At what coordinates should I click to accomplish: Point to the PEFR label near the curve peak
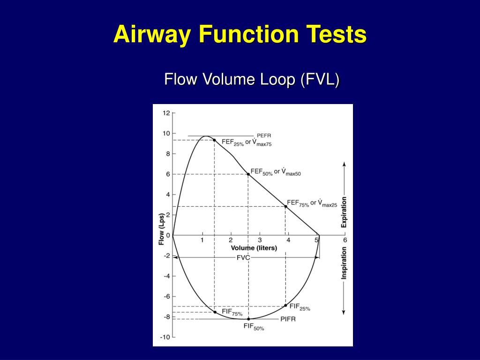pos(264,135)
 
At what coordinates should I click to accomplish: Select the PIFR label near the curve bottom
pos(288,319)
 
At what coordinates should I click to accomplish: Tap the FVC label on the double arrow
pos(243,257)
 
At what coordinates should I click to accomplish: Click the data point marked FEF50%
pos(248,174)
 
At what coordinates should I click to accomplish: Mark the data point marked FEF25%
pos(214,140)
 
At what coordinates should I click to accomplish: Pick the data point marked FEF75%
pos(285,206)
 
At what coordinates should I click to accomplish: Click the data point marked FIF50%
pos(248,319)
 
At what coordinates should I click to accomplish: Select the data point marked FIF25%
pos(285,306)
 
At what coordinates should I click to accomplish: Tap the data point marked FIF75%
pos(215,312)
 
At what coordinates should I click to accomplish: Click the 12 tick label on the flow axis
pos(166,113)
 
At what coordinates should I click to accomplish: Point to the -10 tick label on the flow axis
pos(165,337)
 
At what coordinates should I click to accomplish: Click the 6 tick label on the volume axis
pos(345,240)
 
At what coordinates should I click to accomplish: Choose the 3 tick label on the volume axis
pos(259,240)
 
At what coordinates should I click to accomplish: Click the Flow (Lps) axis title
pos(161,230)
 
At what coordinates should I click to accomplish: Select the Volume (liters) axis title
pos(254,248)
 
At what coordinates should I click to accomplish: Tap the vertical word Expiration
pos(344,211)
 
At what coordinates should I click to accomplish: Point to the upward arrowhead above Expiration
pos(344,164)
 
